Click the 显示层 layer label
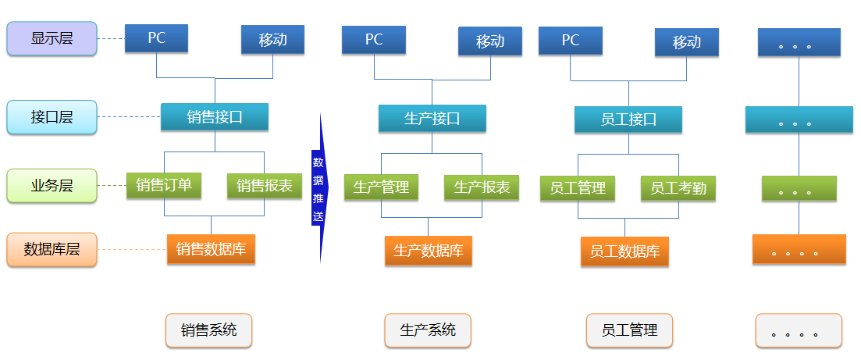(x=52, y=39)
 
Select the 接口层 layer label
(x=52, y=117)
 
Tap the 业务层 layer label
(x=52, y=186)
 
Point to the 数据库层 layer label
(x=52, y=250)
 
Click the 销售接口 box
(x=215, y=117)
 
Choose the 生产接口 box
(x=432, y=119)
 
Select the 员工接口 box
(x=628, y=119)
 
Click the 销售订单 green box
(x=164, y=186)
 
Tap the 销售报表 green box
(x=265, y=186)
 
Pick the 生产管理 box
(x=381, y=187)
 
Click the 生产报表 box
(x=482, y=187)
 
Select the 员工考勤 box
(x=678, y=188)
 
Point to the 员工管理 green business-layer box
(x=578, y=188)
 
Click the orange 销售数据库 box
(x=211, y=249)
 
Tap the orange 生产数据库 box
(x=428, y=251)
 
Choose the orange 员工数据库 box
(x=624, y=251)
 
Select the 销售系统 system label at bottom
(x=208, y=330)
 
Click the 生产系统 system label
(x=428, y=330)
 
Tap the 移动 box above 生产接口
(x=490, y=41)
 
